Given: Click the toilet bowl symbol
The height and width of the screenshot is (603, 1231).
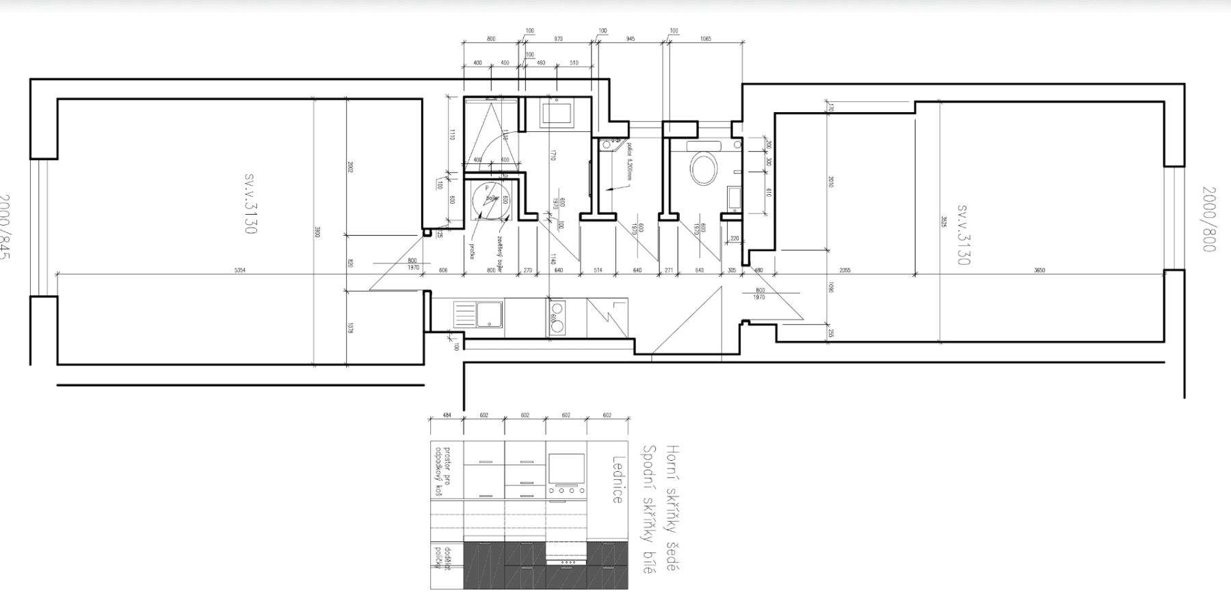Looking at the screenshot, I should pos(704,168).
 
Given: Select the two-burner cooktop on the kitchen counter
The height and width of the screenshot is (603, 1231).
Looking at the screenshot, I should pos(556,317).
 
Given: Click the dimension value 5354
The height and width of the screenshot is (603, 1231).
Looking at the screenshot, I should pos(240,271).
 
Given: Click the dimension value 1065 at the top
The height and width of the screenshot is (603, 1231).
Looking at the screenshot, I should pos(706,39).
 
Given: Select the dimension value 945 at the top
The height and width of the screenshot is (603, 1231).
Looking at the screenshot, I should pos(631,39).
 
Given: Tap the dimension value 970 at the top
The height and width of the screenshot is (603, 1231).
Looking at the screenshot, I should pos(558,39).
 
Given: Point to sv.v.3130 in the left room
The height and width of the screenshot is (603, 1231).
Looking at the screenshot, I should pos(250,203).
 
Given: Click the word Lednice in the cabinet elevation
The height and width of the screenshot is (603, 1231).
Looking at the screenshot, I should pos(617,480).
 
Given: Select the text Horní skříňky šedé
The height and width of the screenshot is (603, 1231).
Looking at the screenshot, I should pos(673,508).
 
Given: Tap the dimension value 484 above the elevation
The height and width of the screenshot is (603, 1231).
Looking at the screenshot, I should pos(447,415).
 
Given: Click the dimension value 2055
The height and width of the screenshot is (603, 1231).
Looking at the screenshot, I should pos(845,270).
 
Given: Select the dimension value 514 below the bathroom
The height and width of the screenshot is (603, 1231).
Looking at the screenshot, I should pos(598,270).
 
